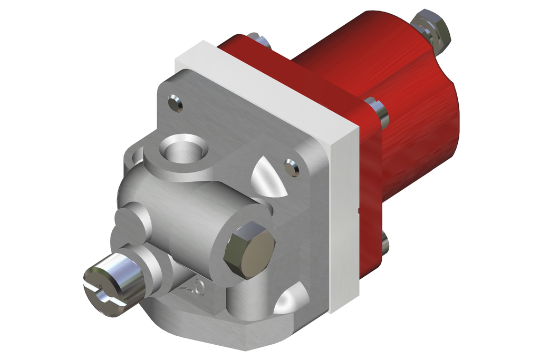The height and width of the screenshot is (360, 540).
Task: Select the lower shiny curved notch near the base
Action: [289, 299]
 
